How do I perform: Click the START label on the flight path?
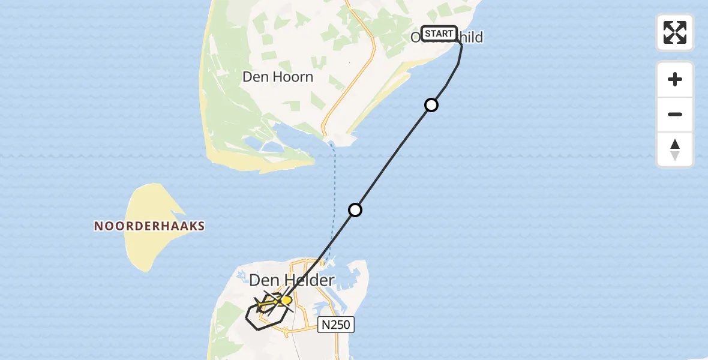(439, 34)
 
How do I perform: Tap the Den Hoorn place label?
(277, 77)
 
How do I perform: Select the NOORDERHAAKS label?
(149, 226)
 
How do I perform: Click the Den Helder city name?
(291, 280)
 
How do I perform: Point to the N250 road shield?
(337, 325)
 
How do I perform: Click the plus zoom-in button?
(675, 79)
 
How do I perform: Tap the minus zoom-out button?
(675, 114)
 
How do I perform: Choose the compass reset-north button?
(675, 149)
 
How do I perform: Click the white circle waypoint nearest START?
(431, 106)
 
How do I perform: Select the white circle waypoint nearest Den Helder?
(355, 210)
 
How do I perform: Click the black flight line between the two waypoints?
(393, 158)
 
